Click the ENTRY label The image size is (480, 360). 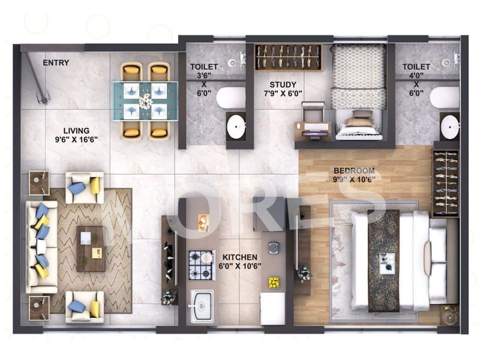[56, 62]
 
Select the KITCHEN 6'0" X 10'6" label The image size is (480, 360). [239, 261]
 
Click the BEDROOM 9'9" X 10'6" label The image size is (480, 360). [354, 175]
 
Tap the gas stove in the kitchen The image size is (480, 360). [202, 265]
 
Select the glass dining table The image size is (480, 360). [145, 101]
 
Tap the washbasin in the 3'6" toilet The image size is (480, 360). [236, 126]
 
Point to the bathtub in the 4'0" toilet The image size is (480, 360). [444, 97]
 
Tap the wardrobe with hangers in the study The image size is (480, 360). [288, 57]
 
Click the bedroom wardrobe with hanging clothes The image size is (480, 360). [445, 183]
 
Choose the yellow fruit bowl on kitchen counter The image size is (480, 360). [274, 282]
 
